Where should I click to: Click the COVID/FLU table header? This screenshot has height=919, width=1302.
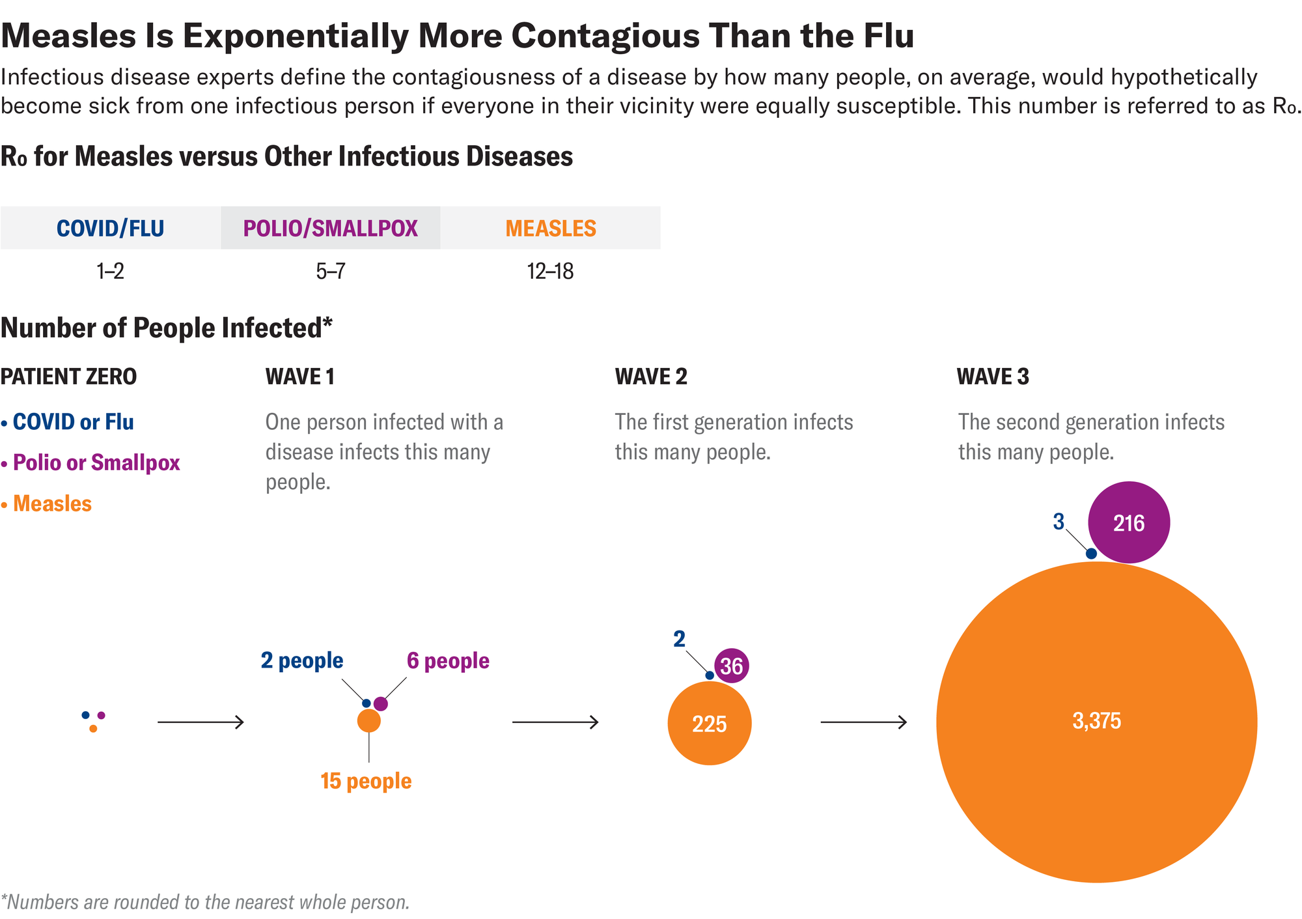coord(110,229)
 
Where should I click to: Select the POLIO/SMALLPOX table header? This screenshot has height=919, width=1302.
coord(330,229)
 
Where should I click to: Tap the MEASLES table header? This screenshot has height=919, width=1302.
coord(551,229)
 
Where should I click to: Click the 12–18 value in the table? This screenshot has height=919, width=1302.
coord(550,272)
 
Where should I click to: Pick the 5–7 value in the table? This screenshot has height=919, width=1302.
coord(330,272)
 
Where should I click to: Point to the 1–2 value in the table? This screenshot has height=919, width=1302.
coord(110,272)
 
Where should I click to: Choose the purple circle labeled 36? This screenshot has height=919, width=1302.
coord(732,666)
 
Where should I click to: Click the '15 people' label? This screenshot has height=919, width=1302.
coord(366,781)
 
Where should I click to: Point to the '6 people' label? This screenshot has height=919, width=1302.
coord(448,660)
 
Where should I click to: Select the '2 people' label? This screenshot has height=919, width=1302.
coord(301,660)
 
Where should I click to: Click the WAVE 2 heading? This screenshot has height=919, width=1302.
coord(651,376)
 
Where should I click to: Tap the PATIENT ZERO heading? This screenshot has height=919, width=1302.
coord(68,376)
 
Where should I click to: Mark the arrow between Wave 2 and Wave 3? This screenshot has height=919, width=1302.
coord(863,722)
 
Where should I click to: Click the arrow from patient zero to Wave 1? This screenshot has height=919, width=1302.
coord(201,722)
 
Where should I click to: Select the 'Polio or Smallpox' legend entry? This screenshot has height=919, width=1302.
coord(96,463)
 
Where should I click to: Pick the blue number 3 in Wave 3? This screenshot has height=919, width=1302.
coord(1059,522)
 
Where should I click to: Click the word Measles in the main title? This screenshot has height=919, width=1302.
coord(68,35)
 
